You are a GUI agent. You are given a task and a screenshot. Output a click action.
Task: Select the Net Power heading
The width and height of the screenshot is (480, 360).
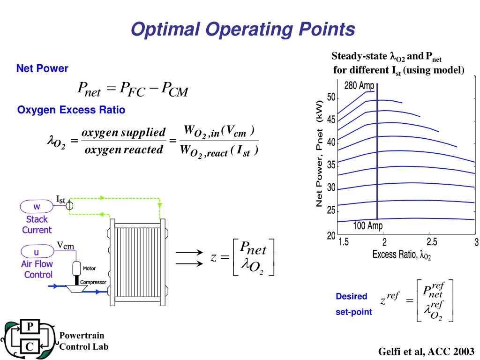pos(42,68)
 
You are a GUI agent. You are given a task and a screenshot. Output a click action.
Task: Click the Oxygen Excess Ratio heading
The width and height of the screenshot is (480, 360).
pos(71,110)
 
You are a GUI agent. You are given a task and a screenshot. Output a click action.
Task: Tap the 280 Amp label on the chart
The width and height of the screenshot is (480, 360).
pos(359,86)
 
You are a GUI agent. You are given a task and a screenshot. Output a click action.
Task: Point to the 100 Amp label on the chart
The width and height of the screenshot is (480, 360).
pos(368,226)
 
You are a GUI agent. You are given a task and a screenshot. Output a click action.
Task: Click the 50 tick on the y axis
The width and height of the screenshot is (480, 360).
pos(331,97)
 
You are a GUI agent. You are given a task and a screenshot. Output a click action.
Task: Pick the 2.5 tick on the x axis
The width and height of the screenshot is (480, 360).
pos(431,242)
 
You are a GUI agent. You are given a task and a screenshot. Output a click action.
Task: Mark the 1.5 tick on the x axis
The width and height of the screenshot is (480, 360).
pos(344,242)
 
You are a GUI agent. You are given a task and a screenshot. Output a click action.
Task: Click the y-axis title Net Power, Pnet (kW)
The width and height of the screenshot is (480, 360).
pos(320,153)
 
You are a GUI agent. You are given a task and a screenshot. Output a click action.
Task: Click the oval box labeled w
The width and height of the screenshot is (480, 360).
pos(37,207)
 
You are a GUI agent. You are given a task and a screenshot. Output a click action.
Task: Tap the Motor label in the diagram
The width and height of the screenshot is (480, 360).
pos(90,269)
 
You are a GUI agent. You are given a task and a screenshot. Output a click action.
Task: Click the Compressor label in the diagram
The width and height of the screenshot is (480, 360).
pos(93,282)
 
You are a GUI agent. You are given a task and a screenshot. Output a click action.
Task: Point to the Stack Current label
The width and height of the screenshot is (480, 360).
pos(37,225)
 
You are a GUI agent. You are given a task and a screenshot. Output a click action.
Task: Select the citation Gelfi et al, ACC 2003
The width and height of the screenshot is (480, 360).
pos(426,351)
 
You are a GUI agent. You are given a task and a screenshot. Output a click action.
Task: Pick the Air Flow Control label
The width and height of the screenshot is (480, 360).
pos(37,270)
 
